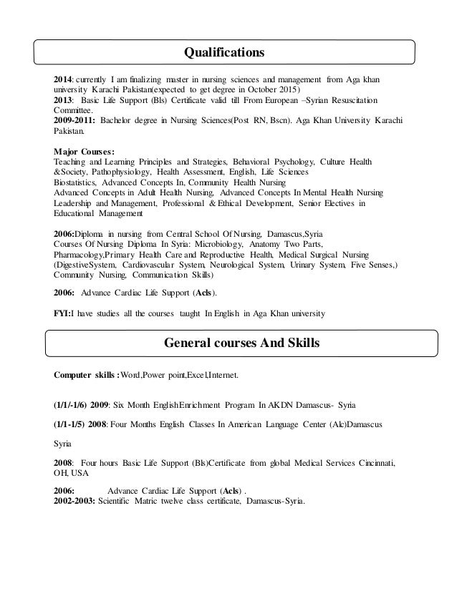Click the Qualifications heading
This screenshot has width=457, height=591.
[x=225, y=52]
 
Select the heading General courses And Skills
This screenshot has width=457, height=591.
[x=242, y=343]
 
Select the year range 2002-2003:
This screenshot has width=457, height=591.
[x=74, y=501]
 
